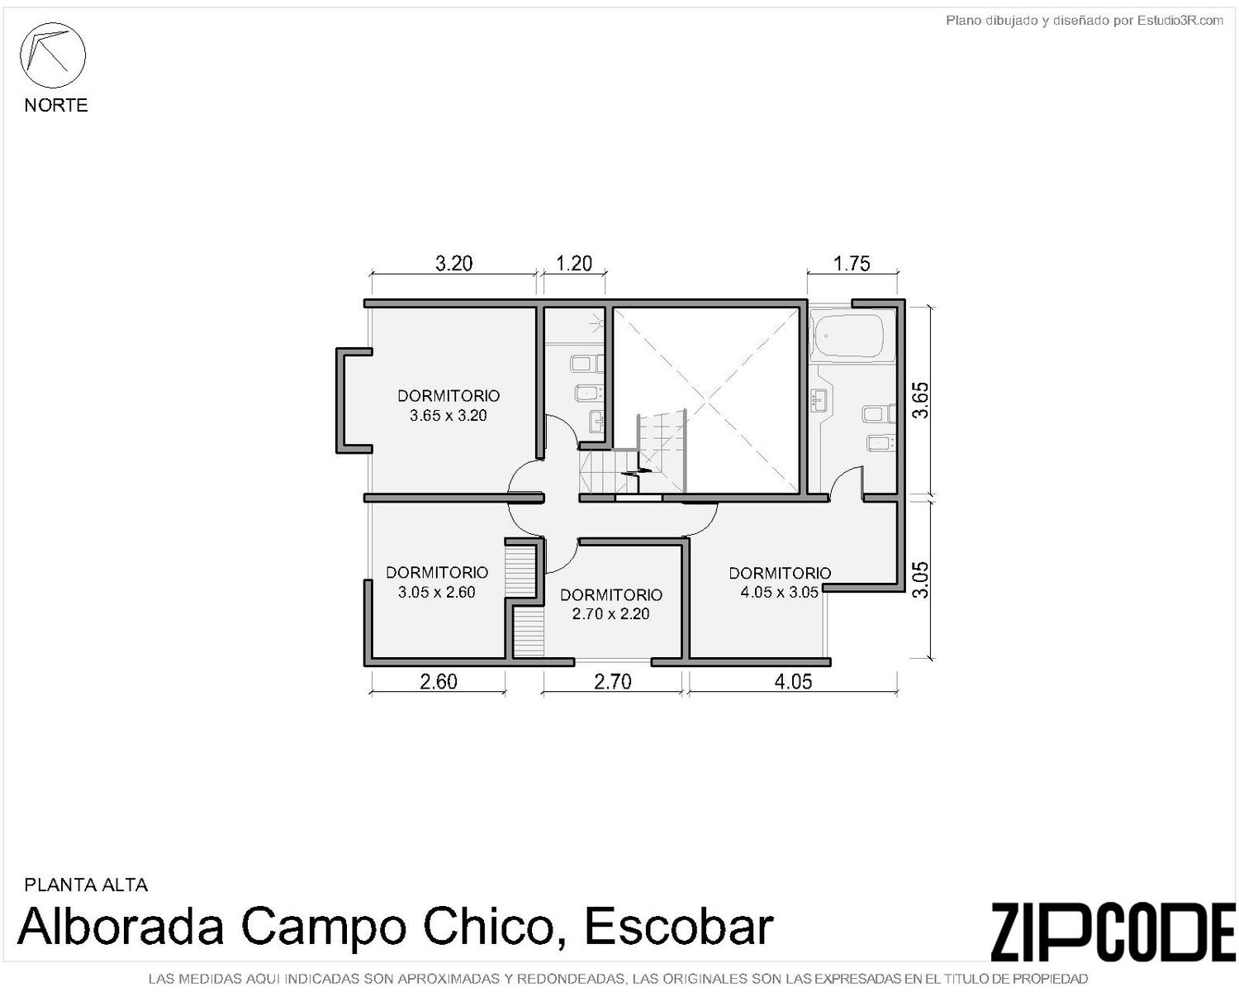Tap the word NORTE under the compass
56,106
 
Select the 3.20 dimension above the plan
453,264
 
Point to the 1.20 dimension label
574,264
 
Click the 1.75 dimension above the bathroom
852,264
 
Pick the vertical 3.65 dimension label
921,400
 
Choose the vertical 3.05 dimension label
921,579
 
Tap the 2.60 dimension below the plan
438,682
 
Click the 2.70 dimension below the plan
613,682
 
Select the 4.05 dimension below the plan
793,682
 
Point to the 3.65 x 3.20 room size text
448,416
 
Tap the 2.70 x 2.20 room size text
610,614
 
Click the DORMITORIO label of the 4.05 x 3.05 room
780,573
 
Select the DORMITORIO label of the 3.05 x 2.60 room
436,572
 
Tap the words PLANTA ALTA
86,885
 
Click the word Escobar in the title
679,927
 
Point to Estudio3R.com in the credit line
1180,21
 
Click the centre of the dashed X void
706,400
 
